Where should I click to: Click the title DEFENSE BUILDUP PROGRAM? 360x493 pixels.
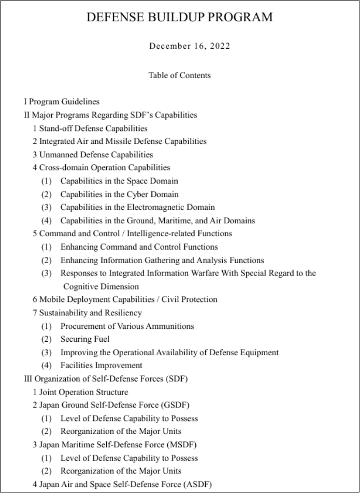179,17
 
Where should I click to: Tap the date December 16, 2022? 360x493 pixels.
190,46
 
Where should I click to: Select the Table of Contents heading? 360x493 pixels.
180,75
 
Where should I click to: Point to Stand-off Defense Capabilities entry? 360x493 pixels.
90,128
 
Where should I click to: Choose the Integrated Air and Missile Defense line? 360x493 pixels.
120,141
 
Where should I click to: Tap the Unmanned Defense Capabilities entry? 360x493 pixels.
93,154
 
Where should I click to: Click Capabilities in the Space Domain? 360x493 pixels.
119,181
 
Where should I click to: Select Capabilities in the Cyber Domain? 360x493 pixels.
119,194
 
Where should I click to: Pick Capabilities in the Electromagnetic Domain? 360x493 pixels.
137,207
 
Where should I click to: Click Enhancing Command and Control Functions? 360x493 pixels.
139,247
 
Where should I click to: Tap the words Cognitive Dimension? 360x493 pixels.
101,286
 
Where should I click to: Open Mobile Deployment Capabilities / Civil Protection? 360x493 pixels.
125,299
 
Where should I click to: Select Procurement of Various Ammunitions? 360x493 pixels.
127,326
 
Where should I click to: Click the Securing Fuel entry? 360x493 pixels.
84,339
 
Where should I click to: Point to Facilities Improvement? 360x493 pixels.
101,366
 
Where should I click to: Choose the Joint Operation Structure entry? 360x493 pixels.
80,392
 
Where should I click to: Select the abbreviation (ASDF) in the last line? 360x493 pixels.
197,484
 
